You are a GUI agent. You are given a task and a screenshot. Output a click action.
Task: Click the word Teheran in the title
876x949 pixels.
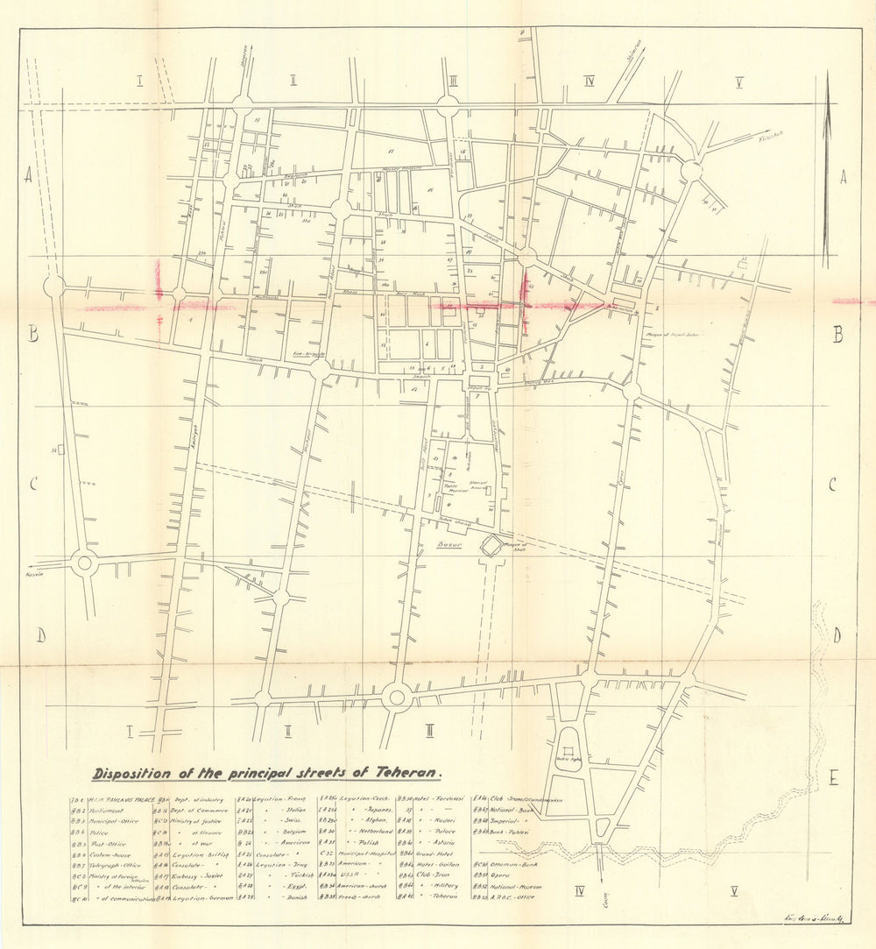(x=408, y=773)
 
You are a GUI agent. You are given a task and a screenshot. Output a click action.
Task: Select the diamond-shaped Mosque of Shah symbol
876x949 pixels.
(x=491, y=546)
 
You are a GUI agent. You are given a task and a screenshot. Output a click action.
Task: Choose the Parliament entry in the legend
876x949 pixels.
(x=109, y=811)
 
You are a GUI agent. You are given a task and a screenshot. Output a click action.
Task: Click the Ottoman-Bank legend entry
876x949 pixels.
(x=512, y=862)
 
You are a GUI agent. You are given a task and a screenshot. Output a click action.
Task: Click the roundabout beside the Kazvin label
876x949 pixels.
(x=84, y=563)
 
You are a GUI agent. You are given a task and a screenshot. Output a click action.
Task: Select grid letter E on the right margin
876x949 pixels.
(x=834, y=777)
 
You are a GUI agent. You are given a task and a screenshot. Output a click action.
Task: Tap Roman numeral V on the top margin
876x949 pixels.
(x=739, y=83)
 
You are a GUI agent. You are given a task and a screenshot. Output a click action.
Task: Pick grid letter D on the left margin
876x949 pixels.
(x=40, y=635)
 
